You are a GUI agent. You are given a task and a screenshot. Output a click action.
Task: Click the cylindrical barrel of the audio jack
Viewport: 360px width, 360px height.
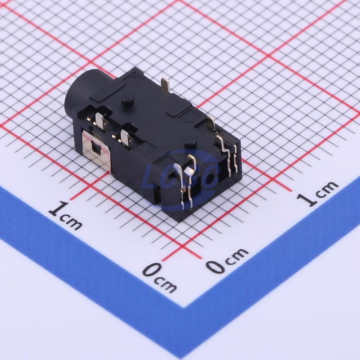coord(81,92)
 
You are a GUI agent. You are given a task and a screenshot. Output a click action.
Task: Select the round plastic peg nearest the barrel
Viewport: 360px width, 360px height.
coord(128,101)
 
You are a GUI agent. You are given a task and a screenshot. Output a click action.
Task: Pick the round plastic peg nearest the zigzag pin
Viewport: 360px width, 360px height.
coord(189,141)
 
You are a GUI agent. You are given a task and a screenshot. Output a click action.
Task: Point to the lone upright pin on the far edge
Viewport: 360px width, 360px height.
coord(165,85)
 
